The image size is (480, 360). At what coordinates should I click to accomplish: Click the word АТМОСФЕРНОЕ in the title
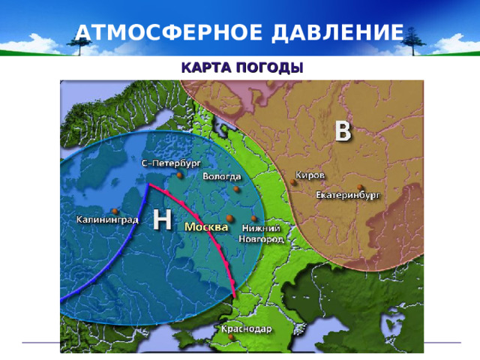coord(158,32)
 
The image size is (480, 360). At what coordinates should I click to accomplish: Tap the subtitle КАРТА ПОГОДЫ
coord(241,67)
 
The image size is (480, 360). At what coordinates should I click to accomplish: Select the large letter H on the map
coord(162,219)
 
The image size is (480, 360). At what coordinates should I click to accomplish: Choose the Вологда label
coord(223,177)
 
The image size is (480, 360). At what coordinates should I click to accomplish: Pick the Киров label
coord(310,174)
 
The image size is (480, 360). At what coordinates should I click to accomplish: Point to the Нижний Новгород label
coord(260,233)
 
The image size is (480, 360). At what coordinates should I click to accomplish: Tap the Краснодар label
coord(246,328)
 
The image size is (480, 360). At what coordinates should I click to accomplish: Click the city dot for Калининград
coord(113,210)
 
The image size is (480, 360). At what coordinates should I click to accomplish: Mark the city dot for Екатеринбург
coord(361,187)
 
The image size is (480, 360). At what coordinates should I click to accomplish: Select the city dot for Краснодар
coord(231,338)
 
